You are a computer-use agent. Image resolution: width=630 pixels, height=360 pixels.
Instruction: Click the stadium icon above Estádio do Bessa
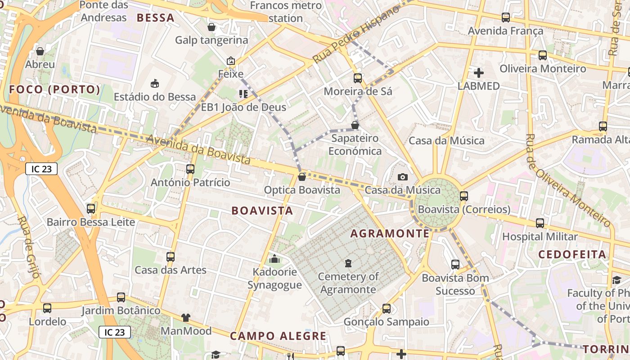click(x=155, y=83)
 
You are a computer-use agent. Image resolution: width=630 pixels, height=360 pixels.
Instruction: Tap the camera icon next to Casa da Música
click(x=403, y=177)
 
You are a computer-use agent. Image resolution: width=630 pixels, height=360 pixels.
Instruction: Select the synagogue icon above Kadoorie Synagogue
click(x=274, y=259)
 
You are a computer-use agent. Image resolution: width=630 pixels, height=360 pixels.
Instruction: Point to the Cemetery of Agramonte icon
click(x=348, y=263)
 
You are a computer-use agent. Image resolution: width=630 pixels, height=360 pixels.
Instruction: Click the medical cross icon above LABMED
click(x=479, y=72)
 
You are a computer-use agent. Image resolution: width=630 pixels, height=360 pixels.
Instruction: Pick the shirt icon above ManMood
click(x=186, y=318)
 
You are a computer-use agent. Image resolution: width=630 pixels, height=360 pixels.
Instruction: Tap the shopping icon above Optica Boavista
click(x=301, y=177)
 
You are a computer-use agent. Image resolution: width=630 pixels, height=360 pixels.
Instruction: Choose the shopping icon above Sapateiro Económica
click(x=355, y=125)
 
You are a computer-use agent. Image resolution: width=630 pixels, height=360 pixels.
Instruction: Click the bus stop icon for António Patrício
click(x=190, y=169)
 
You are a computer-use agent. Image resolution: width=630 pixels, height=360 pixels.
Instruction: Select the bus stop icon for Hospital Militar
click(x=540, y=223)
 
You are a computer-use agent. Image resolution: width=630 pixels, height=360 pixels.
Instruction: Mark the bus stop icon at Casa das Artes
click(x=171, y=257)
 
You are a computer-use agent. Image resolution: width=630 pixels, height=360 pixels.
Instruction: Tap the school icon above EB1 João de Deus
click(x=243, y=94)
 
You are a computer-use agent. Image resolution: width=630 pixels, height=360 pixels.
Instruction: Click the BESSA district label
click(x=155, y=18)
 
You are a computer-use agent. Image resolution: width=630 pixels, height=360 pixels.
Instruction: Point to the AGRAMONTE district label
click(x=390, y=233)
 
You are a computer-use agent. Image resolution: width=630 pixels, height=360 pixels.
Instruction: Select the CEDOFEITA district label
click(x=572, y=254)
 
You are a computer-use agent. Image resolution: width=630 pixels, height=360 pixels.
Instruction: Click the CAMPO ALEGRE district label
click(x=278, y=336)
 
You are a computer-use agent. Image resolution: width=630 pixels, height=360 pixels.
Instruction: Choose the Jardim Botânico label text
click(x=121, y=310)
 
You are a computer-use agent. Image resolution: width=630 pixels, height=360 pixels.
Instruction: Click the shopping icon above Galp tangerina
click(x=211, y=27)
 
